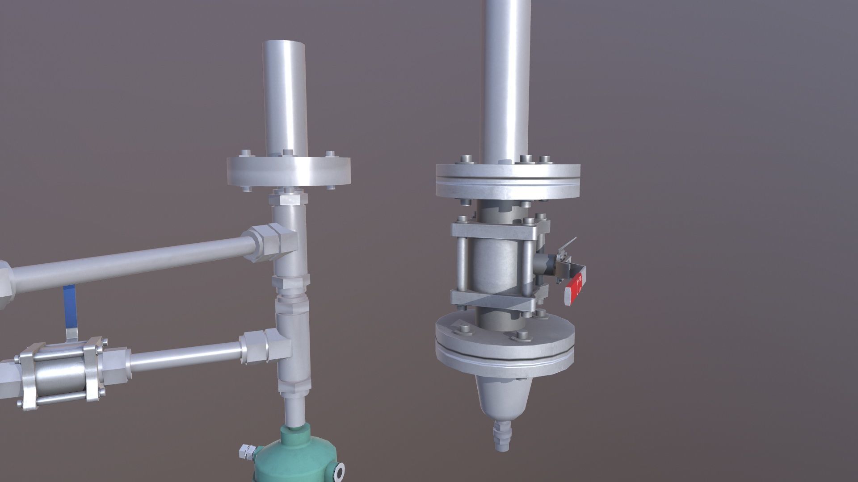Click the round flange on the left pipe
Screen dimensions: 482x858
[288, 172]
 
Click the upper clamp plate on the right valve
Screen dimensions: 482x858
[494, 230]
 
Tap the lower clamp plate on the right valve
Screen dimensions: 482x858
[494, 299]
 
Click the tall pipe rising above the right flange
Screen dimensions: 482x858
[507, 80]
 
